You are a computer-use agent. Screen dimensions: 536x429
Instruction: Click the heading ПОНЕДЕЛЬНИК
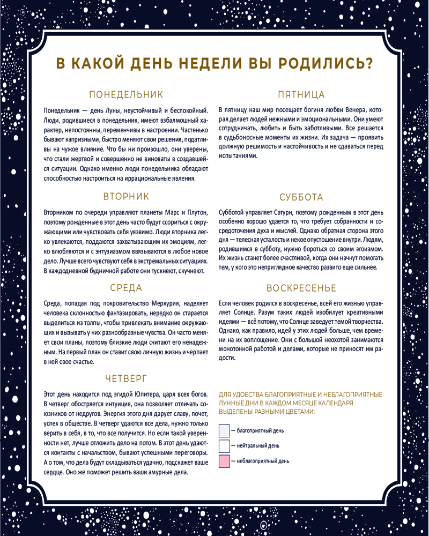(x=125, y=95)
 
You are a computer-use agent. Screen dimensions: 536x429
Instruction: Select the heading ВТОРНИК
(x=126, y=196)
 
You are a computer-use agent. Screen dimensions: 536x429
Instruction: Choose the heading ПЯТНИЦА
(x=301, y=95)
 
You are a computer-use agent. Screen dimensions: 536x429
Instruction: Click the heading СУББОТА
(x=301, y=197)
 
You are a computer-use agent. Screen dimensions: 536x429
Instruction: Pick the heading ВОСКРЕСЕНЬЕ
(x=301, y=288)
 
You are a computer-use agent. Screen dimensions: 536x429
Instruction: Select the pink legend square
(x=224, y=461)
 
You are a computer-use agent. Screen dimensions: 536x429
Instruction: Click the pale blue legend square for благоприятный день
(x=224, y=430)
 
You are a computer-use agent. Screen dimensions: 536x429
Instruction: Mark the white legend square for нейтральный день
(x=224, y=446)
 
